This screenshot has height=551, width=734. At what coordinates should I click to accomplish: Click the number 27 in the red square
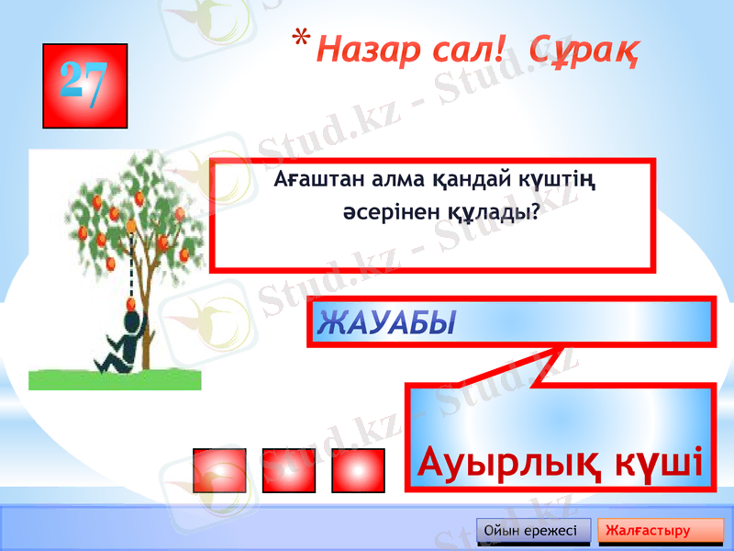tap(84, 84)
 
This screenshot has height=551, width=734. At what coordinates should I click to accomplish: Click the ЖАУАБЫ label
tap(386, 322)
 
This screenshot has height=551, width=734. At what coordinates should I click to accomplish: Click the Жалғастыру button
tap(660, 531)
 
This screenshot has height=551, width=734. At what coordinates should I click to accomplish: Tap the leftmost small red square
tap(220, 470)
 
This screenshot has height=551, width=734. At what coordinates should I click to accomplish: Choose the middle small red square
tap(289, 470)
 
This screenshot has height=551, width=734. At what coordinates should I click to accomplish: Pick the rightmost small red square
tap(358, 470)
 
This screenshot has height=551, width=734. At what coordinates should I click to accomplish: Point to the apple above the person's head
tap(130, 226)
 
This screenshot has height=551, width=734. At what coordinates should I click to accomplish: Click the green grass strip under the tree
tap(115, 379)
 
